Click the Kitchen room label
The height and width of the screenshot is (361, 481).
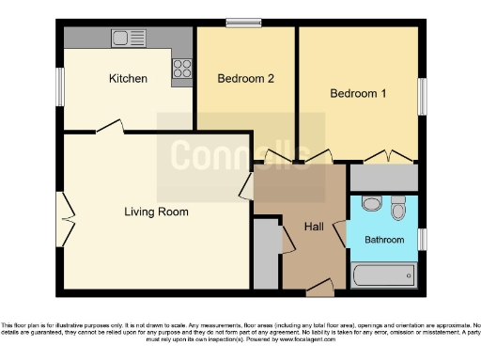click(128, 79)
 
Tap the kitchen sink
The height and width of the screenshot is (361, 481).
click(125, 38)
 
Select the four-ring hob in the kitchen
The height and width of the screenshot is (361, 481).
click(182, 69)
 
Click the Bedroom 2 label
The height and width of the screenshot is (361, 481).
click(245, 79)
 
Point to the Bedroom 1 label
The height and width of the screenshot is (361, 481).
click(358, 94)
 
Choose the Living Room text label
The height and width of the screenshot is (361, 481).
click(156, 212)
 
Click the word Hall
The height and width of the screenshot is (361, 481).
click(314, 227)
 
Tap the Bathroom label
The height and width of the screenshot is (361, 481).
click(384, 241)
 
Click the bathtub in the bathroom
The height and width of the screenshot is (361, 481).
click(382, 275)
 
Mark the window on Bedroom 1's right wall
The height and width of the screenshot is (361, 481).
click(422, 96)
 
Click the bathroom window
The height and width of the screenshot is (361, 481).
click(422, 240)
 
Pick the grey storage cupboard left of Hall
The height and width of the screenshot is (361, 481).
click(266, 254)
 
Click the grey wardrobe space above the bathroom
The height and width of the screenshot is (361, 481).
click(383, 178)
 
